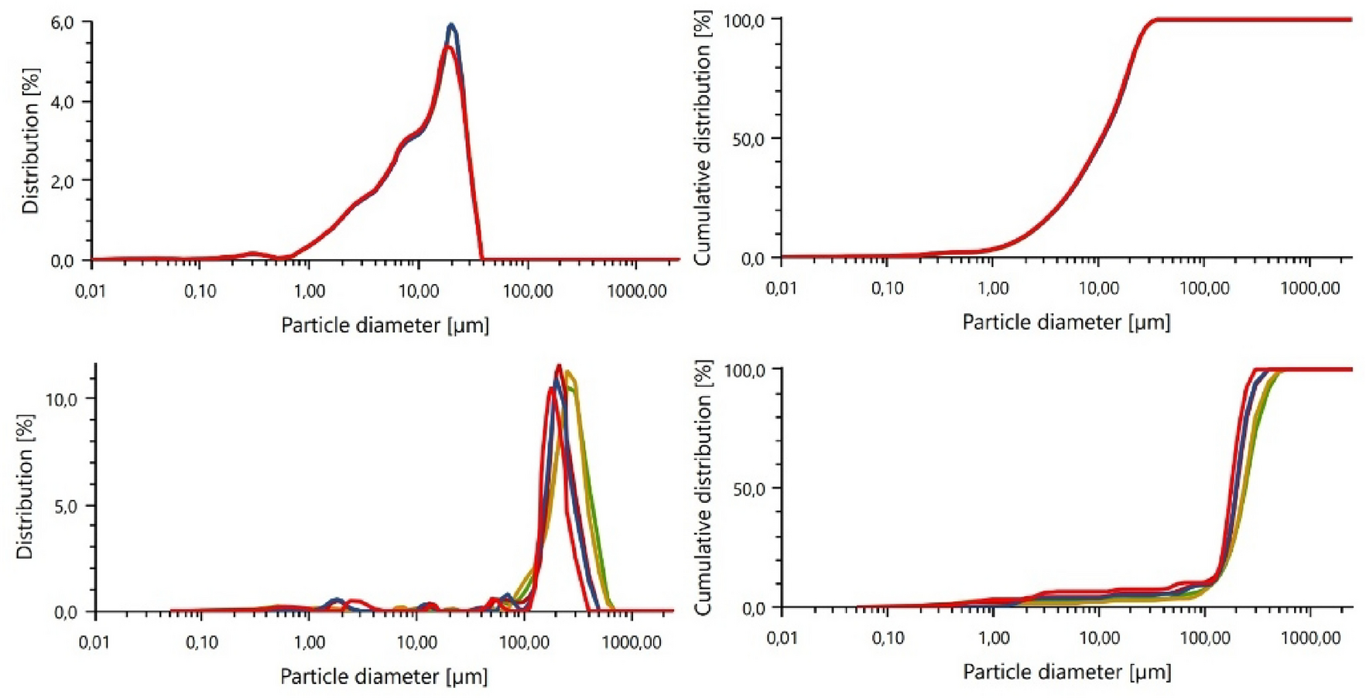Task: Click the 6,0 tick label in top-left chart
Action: coord(63,22)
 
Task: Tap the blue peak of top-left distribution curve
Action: coord(451,26)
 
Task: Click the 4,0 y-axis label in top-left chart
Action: coord(63,102)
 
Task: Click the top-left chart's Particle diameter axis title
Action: coord(385,325)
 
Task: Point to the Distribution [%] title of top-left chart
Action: coord(30,141)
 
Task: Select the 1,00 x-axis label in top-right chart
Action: coord(993,289)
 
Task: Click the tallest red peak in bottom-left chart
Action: coord(559,366)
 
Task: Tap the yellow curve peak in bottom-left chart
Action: coord(569,372)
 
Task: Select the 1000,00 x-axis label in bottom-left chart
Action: coord(632,642)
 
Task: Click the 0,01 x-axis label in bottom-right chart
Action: coord(782,638)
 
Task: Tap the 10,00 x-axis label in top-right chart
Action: coord(1098,289)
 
